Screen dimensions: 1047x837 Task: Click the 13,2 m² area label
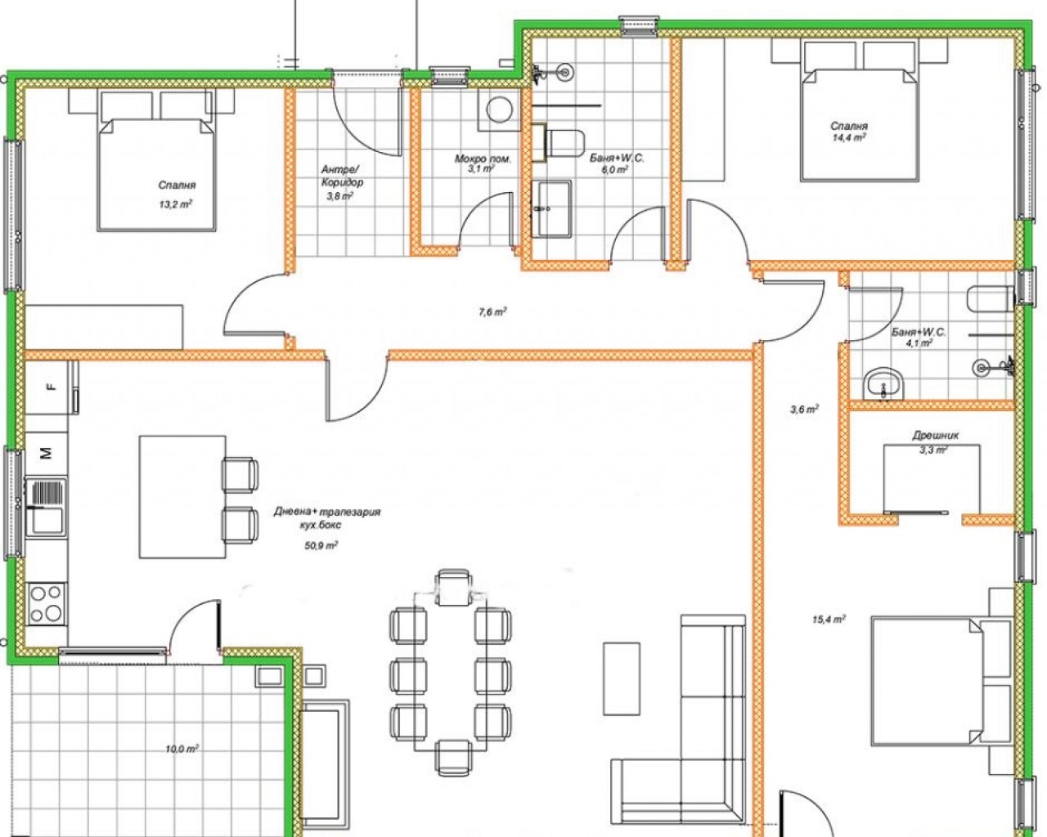(176, 204)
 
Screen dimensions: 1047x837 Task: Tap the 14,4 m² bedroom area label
(849, 137)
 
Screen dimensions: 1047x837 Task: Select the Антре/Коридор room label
(342, 176)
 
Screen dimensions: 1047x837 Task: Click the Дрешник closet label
(935, 436)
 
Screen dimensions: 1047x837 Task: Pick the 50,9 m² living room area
(321, 545)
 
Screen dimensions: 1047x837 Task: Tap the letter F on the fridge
(49, 387)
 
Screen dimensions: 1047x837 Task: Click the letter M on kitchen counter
(47, 454)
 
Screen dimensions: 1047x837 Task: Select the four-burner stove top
(47, 603)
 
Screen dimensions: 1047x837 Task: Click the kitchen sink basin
(47, 521)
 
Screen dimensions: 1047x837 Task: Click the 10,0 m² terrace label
(182, 749)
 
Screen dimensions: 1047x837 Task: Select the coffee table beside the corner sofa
(622, 678)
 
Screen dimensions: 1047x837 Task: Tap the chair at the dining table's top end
(453, 588)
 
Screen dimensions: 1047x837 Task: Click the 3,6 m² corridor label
(804, 410)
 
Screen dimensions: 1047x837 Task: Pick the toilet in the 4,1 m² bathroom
(991, 298)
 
